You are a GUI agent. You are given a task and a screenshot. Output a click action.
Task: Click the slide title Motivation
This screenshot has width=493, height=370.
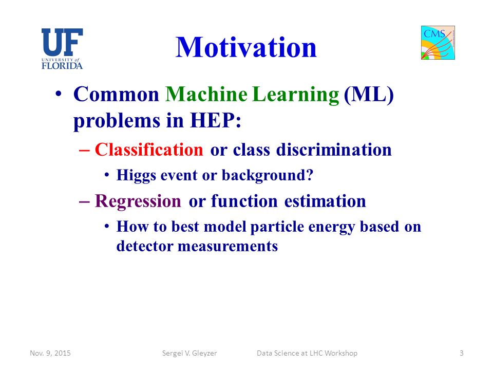click(x=246, y=47)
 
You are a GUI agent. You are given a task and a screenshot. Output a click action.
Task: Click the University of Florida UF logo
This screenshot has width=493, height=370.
click(x=62, y=49)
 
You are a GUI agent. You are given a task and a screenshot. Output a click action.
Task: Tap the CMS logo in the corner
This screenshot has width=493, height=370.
click(x=438, y=43)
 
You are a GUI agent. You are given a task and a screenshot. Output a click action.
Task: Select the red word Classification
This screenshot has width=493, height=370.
click(x=149, y=150)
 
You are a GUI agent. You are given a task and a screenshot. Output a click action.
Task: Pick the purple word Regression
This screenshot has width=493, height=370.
click(x=138, y=201)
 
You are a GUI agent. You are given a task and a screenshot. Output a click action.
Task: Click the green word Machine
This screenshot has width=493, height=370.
click(x=206, y=94)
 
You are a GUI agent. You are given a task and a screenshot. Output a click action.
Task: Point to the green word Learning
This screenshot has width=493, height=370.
click(x=296, y=95)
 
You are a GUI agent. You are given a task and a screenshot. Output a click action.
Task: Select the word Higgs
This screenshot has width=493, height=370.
click(x=136, y=176)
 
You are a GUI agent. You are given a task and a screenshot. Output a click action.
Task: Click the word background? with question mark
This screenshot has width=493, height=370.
click(x=268, y=176)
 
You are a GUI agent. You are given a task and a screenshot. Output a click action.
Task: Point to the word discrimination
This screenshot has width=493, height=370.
click(x=334, y=150)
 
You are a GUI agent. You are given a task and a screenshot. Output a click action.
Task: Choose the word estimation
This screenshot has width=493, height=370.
click(x=325, y=201)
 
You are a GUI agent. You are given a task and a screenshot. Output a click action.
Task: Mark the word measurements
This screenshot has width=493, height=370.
click(x=227, y=246)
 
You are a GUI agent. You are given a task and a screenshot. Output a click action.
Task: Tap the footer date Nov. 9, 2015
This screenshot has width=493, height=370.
click(x=50, y=353)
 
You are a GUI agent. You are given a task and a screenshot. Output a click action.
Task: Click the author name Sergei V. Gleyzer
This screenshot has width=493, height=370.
click(x=189, y=354)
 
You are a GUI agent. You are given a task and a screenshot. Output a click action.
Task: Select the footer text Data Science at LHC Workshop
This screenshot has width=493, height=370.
click(x=307, y=354)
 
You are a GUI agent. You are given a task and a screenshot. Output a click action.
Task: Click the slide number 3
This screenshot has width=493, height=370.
click(x=462, y=353)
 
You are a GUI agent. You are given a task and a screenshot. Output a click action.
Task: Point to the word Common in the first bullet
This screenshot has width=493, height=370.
click(x=117, y=94)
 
